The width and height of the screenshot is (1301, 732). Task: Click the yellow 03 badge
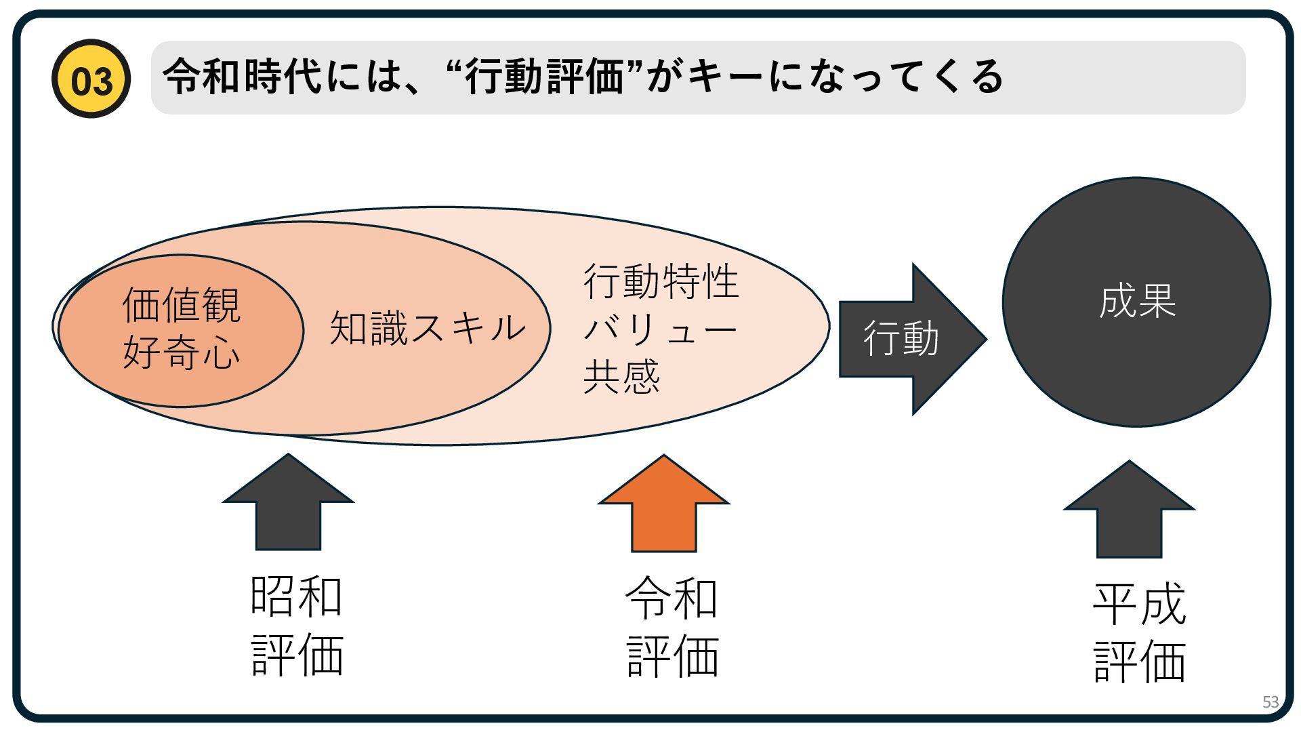click(x=91, y=79)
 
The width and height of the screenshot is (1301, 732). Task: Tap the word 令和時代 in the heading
click(x=243, y=76)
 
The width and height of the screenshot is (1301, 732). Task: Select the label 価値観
click(x=181, y=305)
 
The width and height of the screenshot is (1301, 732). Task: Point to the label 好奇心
click(x=181, y=352)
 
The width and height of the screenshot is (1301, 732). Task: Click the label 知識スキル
click(x=428, y=328)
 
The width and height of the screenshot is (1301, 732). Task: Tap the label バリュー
click(x=661, y=330)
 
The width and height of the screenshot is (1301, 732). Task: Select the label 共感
click(x=621, y=377)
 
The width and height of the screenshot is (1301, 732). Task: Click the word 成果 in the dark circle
click(x=1137, y=302)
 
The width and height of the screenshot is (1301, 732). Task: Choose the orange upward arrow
click(x=663, y=505)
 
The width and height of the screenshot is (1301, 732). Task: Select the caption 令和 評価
click(x=672, y=628)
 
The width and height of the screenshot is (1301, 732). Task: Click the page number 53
click(x=1270, y=702)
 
